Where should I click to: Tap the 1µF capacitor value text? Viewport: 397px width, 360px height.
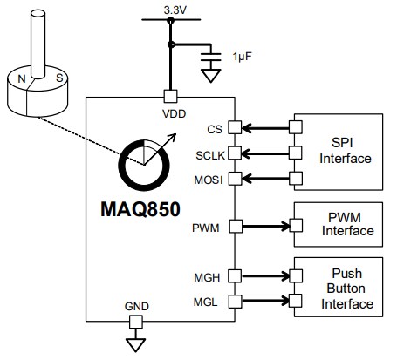[243, 57]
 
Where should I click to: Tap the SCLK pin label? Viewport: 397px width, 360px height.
[210, 154]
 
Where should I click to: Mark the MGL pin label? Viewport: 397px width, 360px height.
[206, 302]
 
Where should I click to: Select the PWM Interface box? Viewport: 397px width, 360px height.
[341, 225]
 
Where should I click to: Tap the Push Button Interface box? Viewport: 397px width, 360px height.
[341, 288]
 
